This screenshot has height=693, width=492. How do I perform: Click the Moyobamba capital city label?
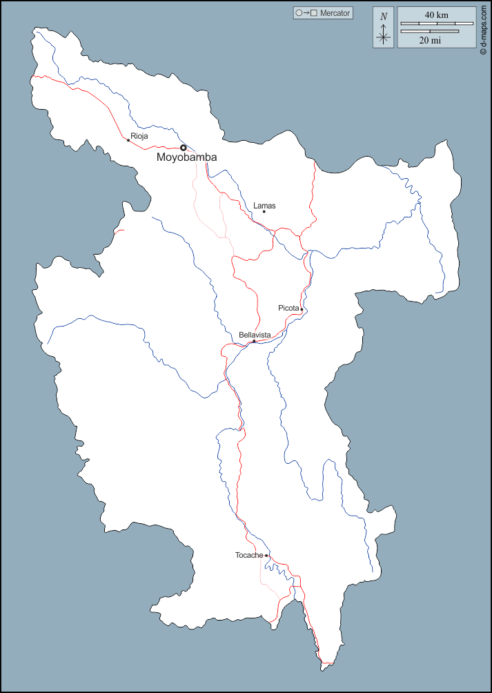[x=186, y=157]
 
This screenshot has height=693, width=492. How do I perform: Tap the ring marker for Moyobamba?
[x=184, y=148]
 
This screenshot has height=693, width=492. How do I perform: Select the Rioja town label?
[x=139, y=136]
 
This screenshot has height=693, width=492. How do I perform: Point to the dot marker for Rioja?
[x=128, y=140]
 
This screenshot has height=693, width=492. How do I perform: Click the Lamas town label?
[x=264, y=206]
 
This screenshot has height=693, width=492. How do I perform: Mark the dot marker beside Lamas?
[x=264, y=212]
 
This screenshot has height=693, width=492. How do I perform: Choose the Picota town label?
[x=288, y=308]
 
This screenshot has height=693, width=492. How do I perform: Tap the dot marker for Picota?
[x=302, y=309]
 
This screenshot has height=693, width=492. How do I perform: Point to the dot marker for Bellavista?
[x=254, y=341]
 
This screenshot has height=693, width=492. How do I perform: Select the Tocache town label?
[x=249, y=555]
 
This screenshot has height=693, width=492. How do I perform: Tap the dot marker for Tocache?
[x=266, y=555]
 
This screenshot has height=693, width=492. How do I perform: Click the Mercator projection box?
[x=322, y=13]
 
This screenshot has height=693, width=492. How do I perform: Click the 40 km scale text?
[x=436, y=14]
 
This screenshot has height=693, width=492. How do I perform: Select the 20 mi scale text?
[x=430, y=41]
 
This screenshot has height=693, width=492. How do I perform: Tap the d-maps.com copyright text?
[x=484, y=28]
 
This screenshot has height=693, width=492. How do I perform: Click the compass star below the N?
[x=384, y=36]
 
